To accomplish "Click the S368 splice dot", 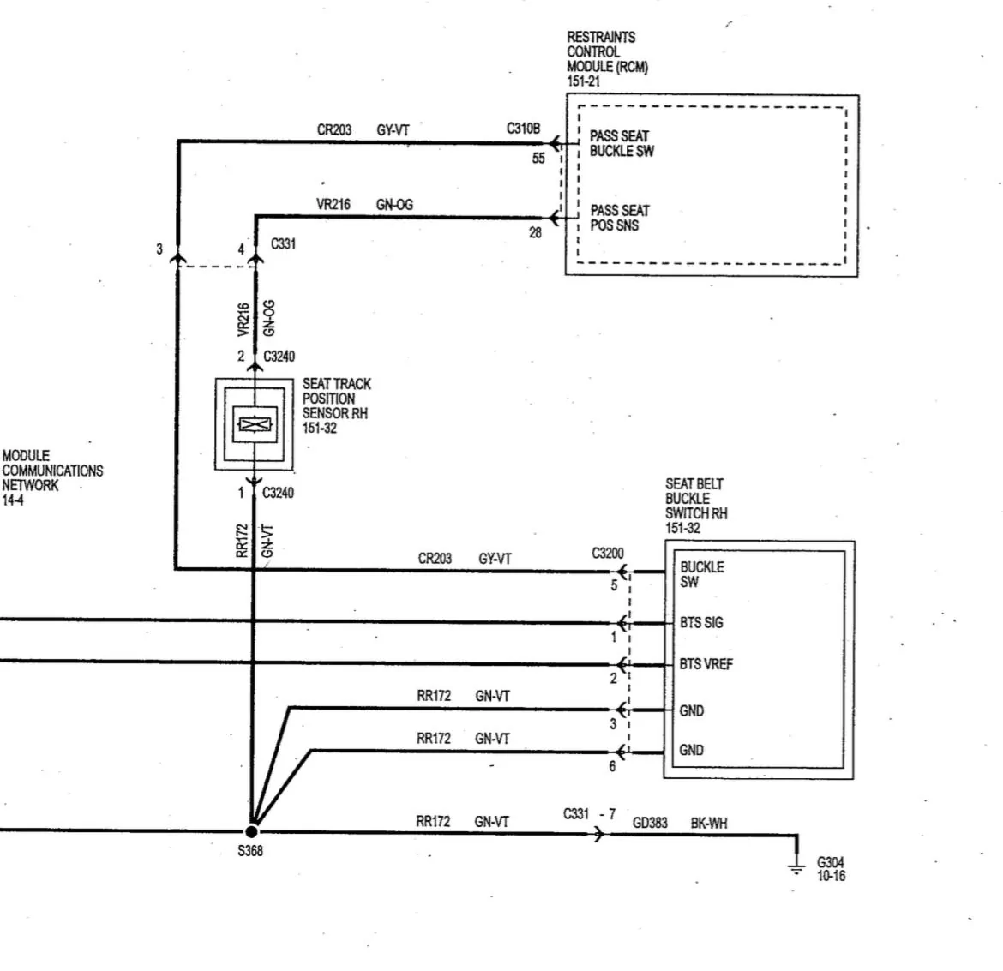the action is pyautogui.click(x=251, y=831).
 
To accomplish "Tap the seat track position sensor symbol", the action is pyautogui.click(x=255, y=424).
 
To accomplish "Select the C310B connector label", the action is pyautogui.click(x=523, y=129).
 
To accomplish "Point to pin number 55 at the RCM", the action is pyautogui.click(x=538, y=158).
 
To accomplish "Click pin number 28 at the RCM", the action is pyautogui.click(x=536, y=233).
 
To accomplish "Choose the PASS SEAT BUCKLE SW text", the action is pyautogui.click(x=622, y=143).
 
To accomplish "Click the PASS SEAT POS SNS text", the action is pyautogui.click(x=619, y=218).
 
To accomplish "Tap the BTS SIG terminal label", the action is pyautogui.click(x=701, y=622).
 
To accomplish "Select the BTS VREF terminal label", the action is pyautogui.click(x=706, y=664).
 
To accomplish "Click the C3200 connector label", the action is pyautogui.click(x=608, y=553).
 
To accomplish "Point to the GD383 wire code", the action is pyautogui.click(x=650, y=823).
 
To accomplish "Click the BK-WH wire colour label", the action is pyautogui.click(x=709, y=823).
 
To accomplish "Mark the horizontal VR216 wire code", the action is pyautogui.click(x=333, y=204).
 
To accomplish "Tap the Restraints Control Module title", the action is pyautogui.click(x=607, y=59).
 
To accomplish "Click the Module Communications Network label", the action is pyautogui.click(x=52, y=478).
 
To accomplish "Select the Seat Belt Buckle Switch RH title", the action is pyautogui.click(x=696, y=506).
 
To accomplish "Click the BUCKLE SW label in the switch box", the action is pyautogui.click(x=702, y=574).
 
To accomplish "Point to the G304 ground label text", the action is pyautogui.click(x=831, y=869).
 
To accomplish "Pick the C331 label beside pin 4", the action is pyautogui.click(x=283, y=243).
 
